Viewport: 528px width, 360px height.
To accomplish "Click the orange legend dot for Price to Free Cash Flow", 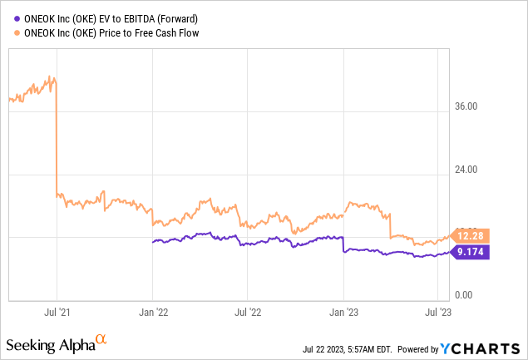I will point(11,32).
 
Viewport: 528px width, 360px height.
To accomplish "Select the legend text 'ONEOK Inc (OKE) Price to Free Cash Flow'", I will point(110,32).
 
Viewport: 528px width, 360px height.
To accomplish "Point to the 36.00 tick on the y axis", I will point(467,106).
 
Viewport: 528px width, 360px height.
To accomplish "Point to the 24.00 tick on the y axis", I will point(467,170).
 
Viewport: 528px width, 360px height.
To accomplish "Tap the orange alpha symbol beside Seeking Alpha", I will point(101,339).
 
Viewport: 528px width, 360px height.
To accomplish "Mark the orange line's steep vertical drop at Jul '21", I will point(56,141).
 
